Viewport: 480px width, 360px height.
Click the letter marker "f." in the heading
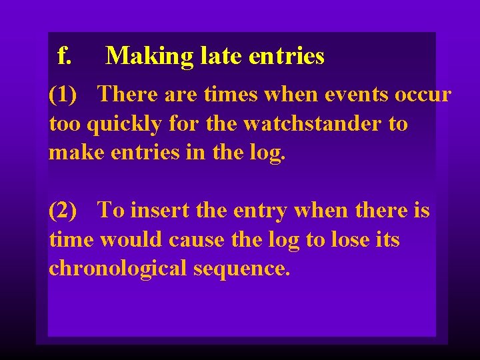pos(64,56)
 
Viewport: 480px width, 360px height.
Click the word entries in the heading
pos(286,56)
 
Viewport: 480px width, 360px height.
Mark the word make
pos(71,153)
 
